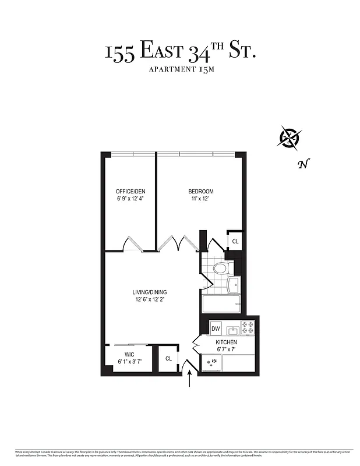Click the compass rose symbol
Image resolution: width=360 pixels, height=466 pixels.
(x=289, y=137)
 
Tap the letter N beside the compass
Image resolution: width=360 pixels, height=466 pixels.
(x=302, y=164)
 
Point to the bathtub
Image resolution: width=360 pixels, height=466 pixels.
(x=221, y=303)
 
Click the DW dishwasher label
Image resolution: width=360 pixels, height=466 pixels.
(x=216, y=328)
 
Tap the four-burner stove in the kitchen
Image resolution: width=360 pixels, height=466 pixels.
(x=248, y=328)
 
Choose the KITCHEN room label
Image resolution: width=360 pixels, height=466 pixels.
(x=226, y=342)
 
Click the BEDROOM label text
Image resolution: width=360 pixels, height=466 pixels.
(x=200, y=192)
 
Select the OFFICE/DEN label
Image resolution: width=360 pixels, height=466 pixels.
(x=130, y=192)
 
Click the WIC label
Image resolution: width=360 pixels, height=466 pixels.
(x=129, y=354)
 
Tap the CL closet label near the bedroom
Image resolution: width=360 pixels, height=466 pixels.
(x=235, y=241)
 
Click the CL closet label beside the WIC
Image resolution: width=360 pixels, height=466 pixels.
(x=168, y=359)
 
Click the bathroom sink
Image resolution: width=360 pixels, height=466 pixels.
(x=234, y=285)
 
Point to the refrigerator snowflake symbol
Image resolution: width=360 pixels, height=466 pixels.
(x=214, y=361)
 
